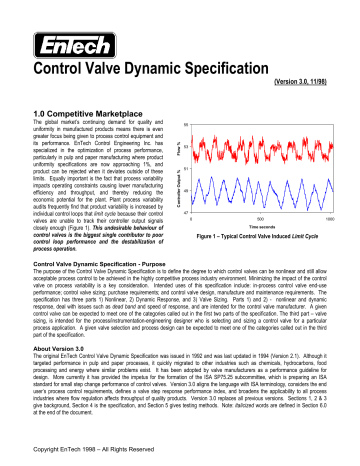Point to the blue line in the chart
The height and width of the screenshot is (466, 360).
(x=270, y=191)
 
